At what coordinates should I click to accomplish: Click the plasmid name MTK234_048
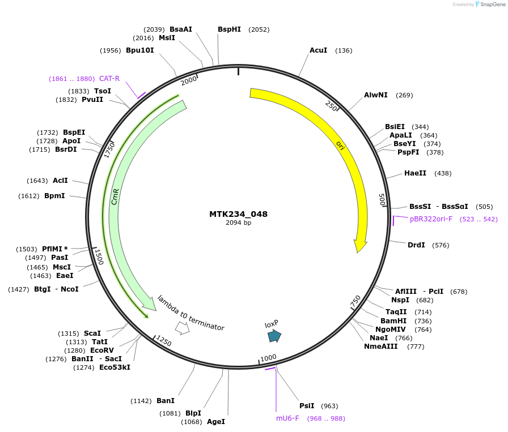click(238, 214)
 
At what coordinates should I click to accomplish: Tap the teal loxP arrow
click(274, 336)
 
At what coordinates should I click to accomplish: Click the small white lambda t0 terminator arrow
click(182, 327)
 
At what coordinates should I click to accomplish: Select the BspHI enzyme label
click(229, 29)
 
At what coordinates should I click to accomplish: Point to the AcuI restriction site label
click(318, 50)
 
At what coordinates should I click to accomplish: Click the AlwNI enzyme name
click(376, 95)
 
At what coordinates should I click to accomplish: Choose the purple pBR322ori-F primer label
click(431, 219)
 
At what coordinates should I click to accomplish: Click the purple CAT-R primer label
click(109, 79)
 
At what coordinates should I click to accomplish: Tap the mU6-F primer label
click(287, 418)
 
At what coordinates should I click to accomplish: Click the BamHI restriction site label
click(393, 320)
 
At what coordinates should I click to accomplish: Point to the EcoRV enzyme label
click(102, 350)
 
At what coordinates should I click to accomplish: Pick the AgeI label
click(215, 422)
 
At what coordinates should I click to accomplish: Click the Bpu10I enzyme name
click(140, 50)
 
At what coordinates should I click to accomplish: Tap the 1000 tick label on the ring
click(268, 358)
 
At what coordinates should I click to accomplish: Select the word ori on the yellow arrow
click(340, 146)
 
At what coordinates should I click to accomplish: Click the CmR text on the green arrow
click(115, 197)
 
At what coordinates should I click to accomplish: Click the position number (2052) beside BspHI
click(259, 29)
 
